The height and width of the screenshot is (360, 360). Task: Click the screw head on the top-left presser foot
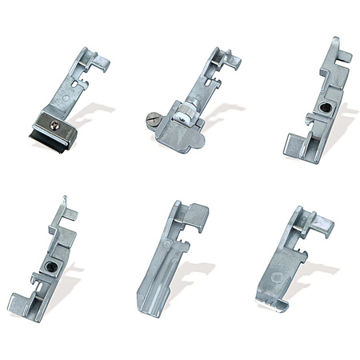pos(54,122)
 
